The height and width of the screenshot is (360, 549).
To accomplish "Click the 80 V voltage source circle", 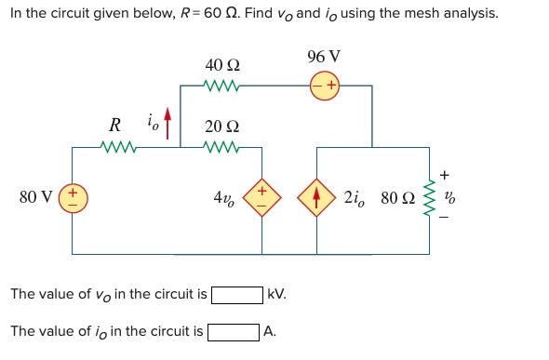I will [72, 199].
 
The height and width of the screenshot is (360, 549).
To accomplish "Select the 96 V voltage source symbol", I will [326, 87].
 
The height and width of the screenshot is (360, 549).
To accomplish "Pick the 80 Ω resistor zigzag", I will [429, 198].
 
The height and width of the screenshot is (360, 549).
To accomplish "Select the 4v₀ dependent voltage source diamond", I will [261, 198].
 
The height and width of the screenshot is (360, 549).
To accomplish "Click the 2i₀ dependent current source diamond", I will [316, 198].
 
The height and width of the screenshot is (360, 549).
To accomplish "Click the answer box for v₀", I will [236, 295].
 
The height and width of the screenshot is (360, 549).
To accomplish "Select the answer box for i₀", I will [233, 331].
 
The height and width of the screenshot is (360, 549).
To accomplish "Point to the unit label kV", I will [276, 295].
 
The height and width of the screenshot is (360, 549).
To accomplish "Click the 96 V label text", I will [324, 57].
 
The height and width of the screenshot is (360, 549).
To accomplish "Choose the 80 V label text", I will [35, 197].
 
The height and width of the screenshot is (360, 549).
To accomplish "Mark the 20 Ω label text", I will [221, 127].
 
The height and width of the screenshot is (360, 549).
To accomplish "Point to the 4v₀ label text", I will [224, 198].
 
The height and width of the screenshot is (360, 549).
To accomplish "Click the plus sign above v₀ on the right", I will [444, 174].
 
